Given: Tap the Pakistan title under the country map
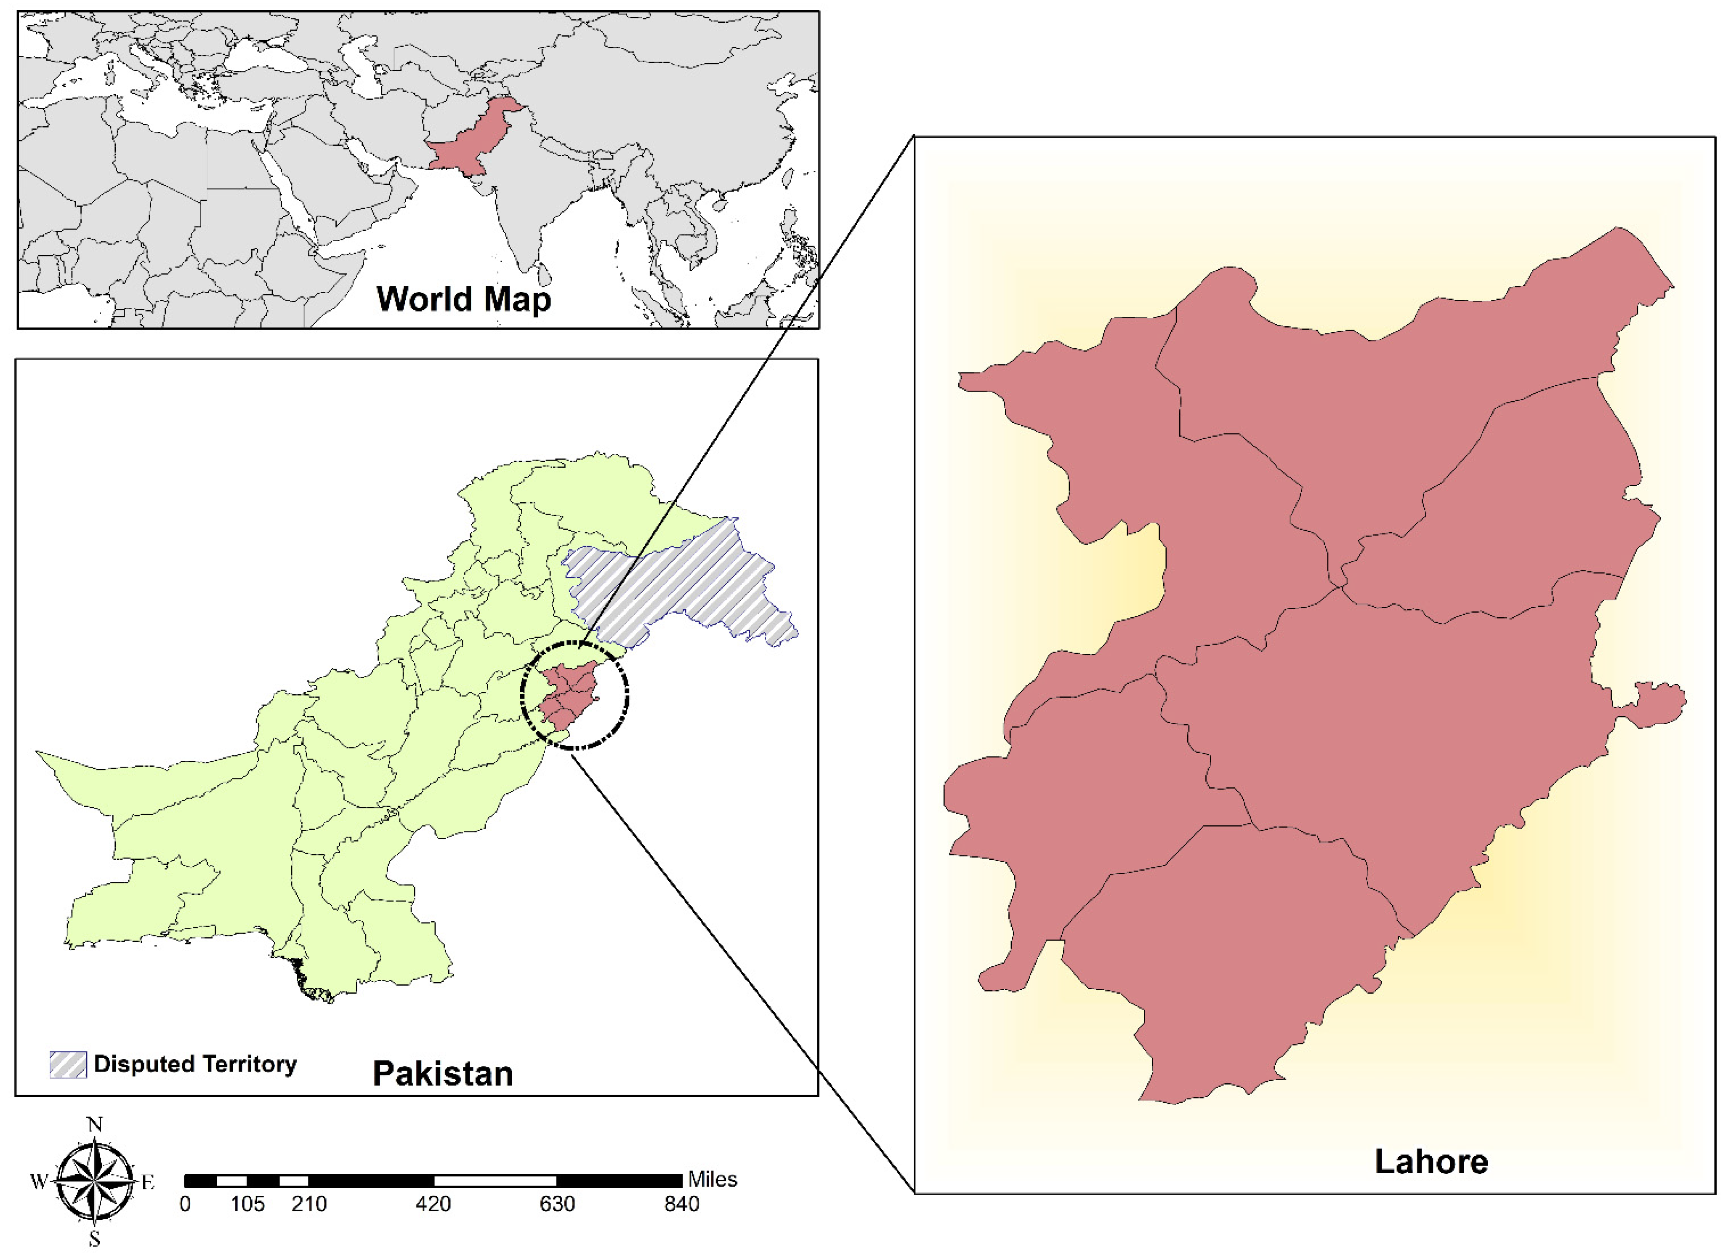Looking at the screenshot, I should [x=443, y=1074].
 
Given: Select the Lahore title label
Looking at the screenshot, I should [x=1431, y=1161].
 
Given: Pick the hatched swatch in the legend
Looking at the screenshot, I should [x=68, y=1064].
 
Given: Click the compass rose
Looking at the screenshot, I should [x=95, y=1181].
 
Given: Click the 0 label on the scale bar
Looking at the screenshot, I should [x=185, y=1204].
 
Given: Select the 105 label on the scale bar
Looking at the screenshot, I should [x=247, y=1204].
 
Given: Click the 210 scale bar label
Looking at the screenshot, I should [x=309, y=1204].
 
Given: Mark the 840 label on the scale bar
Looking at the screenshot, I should [x=681, y=1204].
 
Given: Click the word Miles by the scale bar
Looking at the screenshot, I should [x=713, y=1179].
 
